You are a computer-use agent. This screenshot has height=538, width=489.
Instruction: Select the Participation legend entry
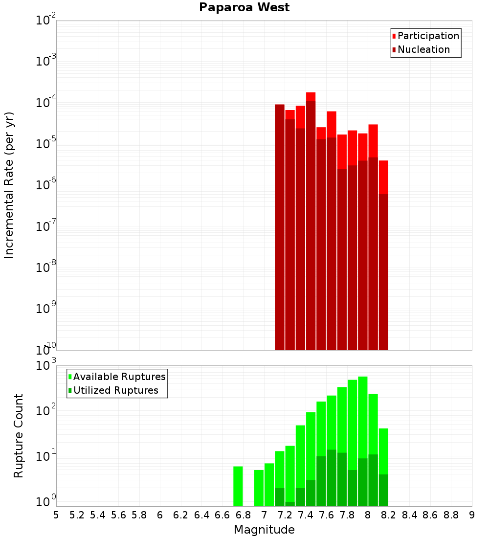point(428,36)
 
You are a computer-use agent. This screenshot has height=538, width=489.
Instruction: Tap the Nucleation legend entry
point(423,49)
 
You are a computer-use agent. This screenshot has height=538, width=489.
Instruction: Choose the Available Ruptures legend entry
point(119,377)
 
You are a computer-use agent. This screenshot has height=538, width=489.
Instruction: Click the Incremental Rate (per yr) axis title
point(9,185)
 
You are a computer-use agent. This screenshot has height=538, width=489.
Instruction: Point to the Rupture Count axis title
point(19,436)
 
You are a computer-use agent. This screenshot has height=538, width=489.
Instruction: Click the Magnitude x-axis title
point(264,529)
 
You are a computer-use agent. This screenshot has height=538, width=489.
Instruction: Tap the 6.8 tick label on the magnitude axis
point(243,515)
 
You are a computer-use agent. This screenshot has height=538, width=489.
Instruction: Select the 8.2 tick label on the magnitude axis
point(389,515)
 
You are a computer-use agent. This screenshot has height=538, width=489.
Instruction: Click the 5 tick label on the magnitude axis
point(56,515)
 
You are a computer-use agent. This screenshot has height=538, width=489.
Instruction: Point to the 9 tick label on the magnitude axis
point(472,515)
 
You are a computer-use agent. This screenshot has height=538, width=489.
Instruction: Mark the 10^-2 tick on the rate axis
point(46,21)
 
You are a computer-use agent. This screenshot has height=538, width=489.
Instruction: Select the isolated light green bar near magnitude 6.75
point(238,486)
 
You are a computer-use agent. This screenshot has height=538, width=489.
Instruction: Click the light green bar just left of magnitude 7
point(259,488)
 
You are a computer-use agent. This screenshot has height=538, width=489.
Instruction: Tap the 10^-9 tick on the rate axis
point(46,309)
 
